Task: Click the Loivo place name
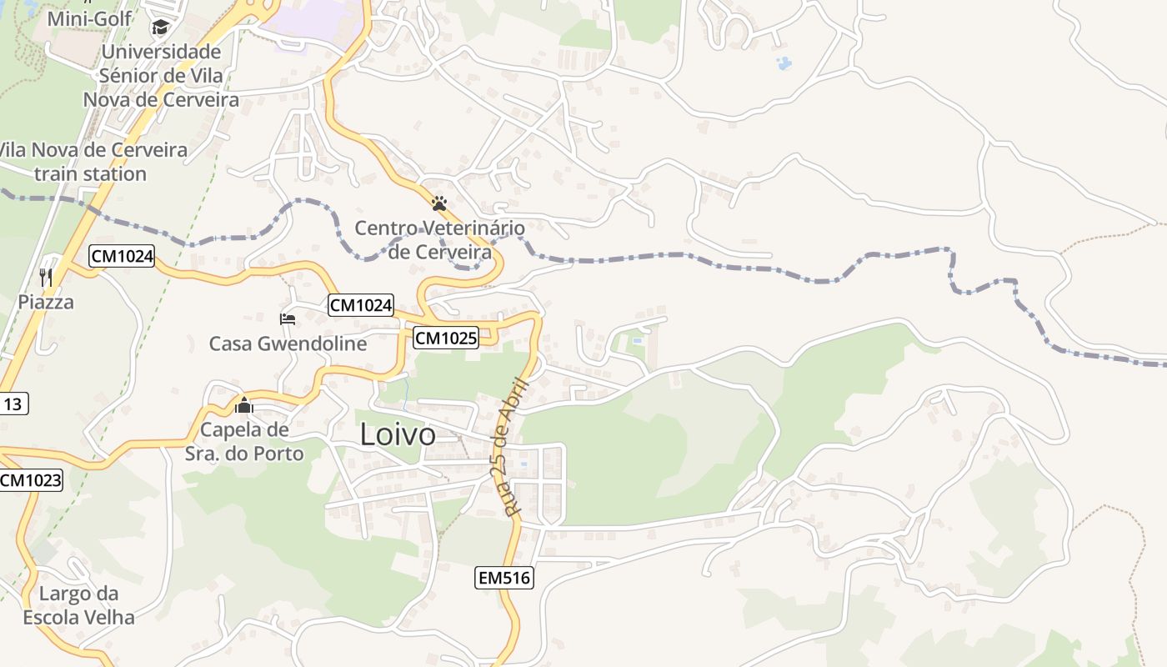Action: point(398,434)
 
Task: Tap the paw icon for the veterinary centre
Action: point(439,203)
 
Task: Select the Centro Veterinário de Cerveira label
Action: point(439,239)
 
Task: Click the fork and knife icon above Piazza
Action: point(46,277)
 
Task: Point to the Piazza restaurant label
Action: point(46,302)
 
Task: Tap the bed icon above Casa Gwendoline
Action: point(288,318)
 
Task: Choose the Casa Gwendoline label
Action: point(288,344)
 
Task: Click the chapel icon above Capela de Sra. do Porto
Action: point(244,406)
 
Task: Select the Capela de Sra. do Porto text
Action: point(244,442)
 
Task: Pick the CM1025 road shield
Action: point(446,338)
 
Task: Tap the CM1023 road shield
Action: point(31,480)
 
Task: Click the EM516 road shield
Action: point(503,577)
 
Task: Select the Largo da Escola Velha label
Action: point(79,605)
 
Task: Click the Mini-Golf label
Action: point(82,18)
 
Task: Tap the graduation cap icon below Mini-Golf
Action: point(160,28)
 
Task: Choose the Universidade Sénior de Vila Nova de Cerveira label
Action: point(161,76)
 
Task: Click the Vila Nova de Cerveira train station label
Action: point(92,162)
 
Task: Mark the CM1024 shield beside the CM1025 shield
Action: point(360,305)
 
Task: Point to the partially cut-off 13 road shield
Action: point(13,404)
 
